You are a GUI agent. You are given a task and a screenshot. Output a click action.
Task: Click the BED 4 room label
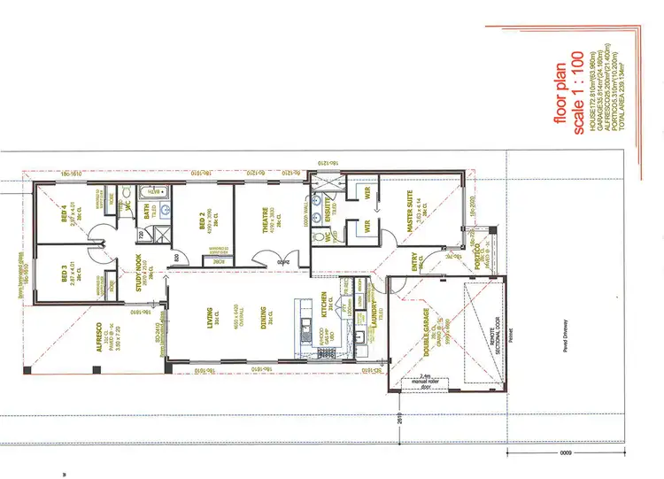click(64, 218)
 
